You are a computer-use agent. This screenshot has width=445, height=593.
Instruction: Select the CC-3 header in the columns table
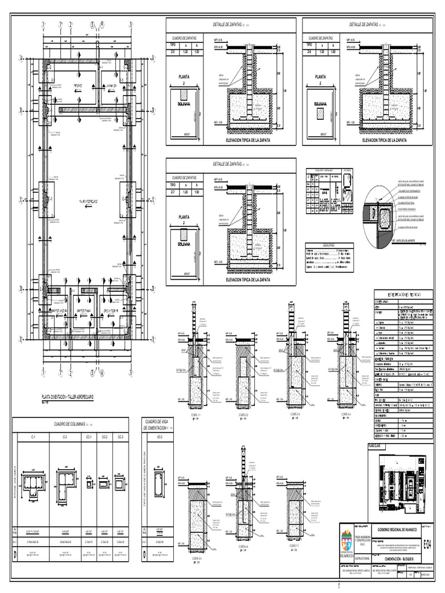[x=119, y=437]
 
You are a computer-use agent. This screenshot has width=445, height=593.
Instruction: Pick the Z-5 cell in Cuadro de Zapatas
[x=173, y=51]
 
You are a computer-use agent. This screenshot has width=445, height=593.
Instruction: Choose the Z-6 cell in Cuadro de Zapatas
[x=309, y=51]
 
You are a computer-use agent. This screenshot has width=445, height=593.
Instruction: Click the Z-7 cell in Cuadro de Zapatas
[x=173, y=191]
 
